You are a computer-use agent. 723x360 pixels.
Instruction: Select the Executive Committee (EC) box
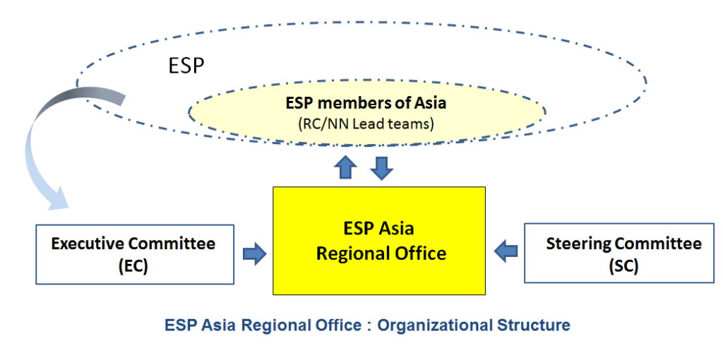tap(134, 254)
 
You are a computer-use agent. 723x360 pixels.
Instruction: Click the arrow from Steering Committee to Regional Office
tap(506, 248)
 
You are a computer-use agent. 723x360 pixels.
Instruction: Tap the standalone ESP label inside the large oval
tap(186, 66)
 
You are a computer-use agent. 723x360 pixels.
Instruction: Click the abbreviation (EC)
tap(133, 267)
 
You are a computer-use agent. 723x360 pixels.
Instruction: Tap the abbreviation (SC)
tap(623, 267)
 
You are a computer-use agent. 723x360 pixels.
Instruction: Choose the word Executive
tap(88, 244)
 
